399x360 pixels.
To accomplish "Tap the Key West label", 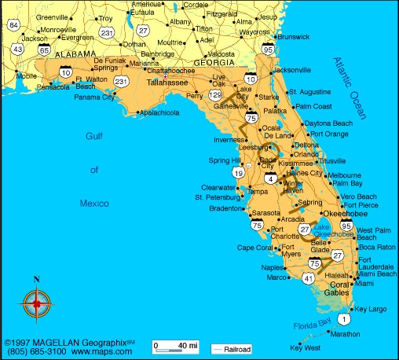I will [x=306, y=347].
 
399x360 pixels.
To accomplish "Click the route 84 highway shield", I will [x=14, y=25].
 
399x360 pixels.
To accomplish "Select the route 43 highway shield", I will [x=17, y=50].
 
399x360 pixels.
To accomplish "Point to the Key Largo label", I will [x=372, y=309].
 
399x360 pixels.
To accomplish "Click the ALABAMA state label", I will [x=76, y=54].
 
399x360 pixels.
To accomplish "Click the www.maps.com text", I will [x=102, y=352].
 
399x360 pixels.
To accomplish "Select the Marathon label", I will [x=345, y=334].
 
